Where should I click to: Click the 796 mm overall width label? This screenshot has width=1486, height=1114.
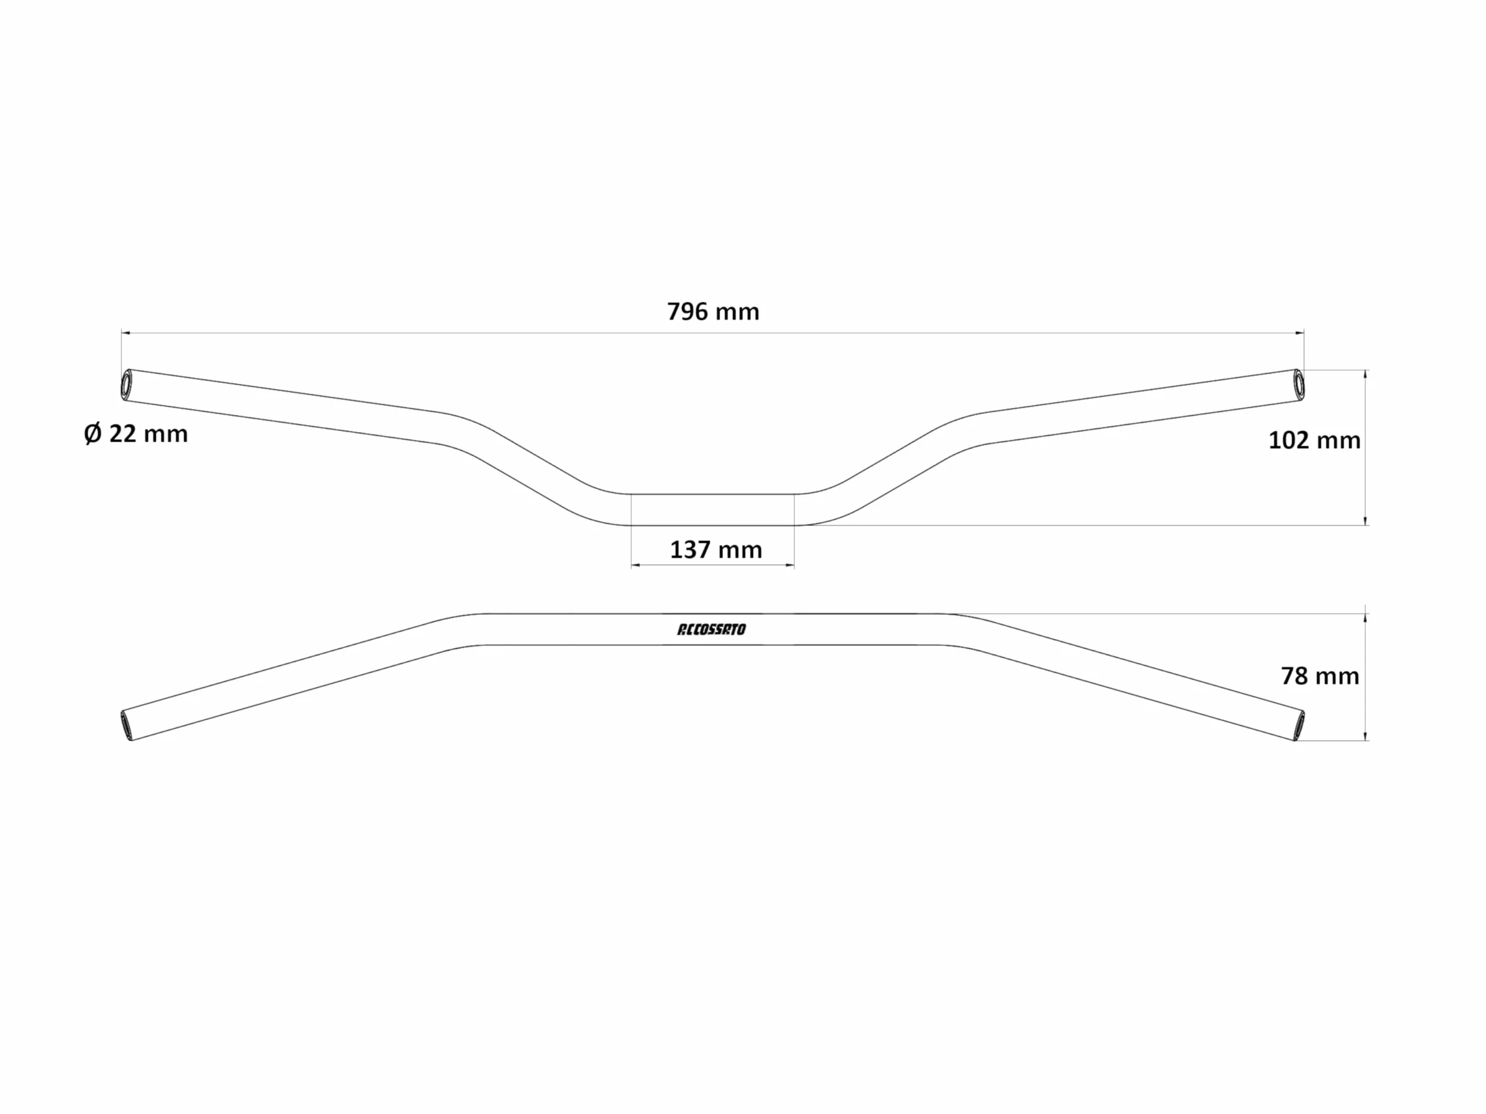pyautogui.click(x=713, y=311)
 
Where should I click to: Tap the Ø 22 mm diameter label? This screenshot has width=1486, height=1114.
pyautogui.click(x=136, y=434)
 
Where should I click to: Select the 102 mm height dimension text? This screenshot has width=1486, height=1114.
pyautogui.click(x=1314, y=440)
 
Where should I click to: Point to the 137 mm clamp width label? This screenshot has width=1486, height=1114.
pyautogui.click(x=716, y=550)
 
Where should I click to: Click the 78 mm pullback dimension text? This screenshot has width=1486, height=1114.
pyautogui.click(x=1320, y=676)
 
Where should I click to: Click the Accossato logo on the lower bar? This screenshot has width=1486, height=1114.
pyautogui.click(x=712, y=629)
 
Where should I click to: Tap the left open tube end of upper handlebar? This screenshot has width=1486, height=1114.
pyautogui.click(x=126, y=385)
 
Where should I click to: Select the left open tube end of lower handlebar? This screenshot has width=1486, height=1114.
pyautogui.click(x=127, y=725)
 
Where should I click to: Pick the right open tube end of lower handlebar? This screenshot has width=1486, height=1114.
pyautogui.click(x=1298, y=725)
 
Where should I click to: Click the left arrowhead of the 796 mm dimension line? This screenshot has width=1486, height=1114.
pyautogui.click(x=125, y=333)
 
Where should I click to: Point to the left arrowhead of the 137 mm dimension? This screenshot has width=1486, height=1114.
pyautogui.click(x=635, y=565)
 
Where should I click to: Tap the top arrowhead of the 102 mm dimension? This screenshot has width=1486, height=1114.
pyautogui.click(x=1365, y=374)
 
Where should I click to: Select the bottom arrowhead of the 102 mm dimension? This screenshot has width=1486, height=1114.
pyautogui.click(x=1365, y=520)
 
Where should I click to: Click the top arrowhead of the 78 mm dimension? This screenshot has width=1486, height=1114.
pyautogui.click(x=1365, y=618)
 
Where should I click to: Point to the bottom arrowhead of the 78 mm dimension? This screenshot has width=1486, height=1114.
pyautogui.click(x=1365, y=736)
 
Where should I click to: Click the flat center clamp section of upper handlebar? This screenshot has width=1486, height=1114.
pyautogui.click(x=713, y=510)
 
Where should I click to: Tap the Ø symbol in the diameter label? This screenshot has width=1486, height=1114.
pyautogui.click(x=93, y=434)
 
